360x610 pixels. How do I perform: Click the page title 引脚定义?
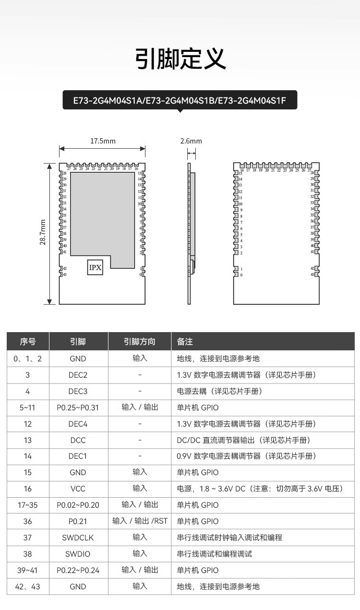[x=180, y=59]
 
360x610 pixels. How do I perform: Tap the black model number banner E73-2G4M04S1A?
[x=180, y=101]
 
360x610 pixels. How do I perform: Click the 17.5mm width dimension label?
[x=103, y=141]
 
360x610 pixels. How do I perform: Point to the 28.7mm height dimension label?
[x=43, y=233]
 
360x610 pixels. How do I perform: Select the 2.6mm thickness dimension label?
[x=191, y=141]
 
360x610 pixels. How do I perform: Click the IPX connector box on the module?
[x=95, y=267]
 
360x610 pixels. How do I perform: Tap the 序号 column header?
[x=28, y=342]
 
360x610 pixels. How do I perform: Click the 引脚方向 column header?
[x=140, y=342]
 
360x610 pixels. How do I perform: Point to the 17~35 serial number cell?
[x=28, y=505]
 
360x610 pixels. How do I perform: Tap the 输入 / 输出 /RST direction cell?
[x=140, y=521]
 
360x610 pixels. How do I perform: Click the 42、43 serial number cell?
[x=28, y=586]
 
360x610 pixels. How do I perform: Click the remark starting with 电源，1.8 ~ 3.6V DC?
[x=259, y=489]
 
